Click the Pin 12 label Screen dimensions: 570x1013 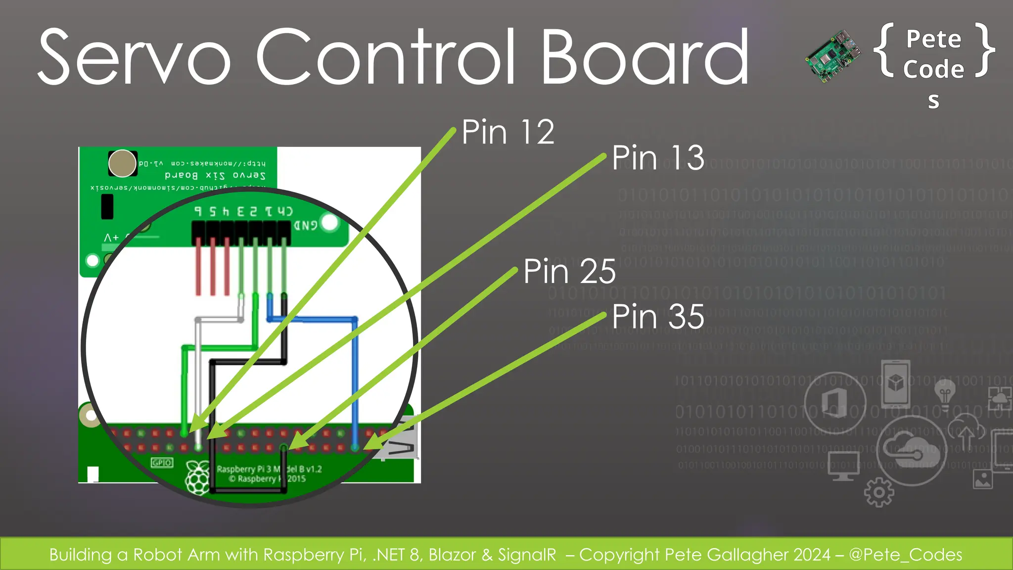(x=507, y=132)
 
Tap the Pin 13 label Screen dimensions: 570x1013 (x=657, y=158)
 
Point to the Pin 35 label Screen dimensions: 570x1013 (x=657, y=317)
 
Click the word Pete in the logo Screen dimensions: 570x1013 (x=933, y=39)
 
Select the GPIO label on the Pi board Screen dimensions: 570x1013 (x=162, y=463)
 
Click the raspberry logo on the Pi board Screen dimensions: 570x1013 (x=197, y=477)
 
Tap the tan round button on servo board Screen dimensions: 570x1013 (x=122, y=163)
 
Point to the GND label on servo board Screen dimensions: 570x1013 (x=306, y=226)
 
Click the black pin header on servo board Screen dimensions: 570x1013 (x=241, y=232)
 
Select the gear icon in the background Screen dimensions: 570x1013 (x=878, y=492)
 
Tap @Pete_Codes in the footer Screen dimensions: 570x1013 (x=905, y=555)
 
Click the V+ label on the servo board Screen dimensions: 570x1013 (x=112, y=238)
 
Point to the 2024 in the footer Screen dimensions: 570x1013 (x=812, y=555)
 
